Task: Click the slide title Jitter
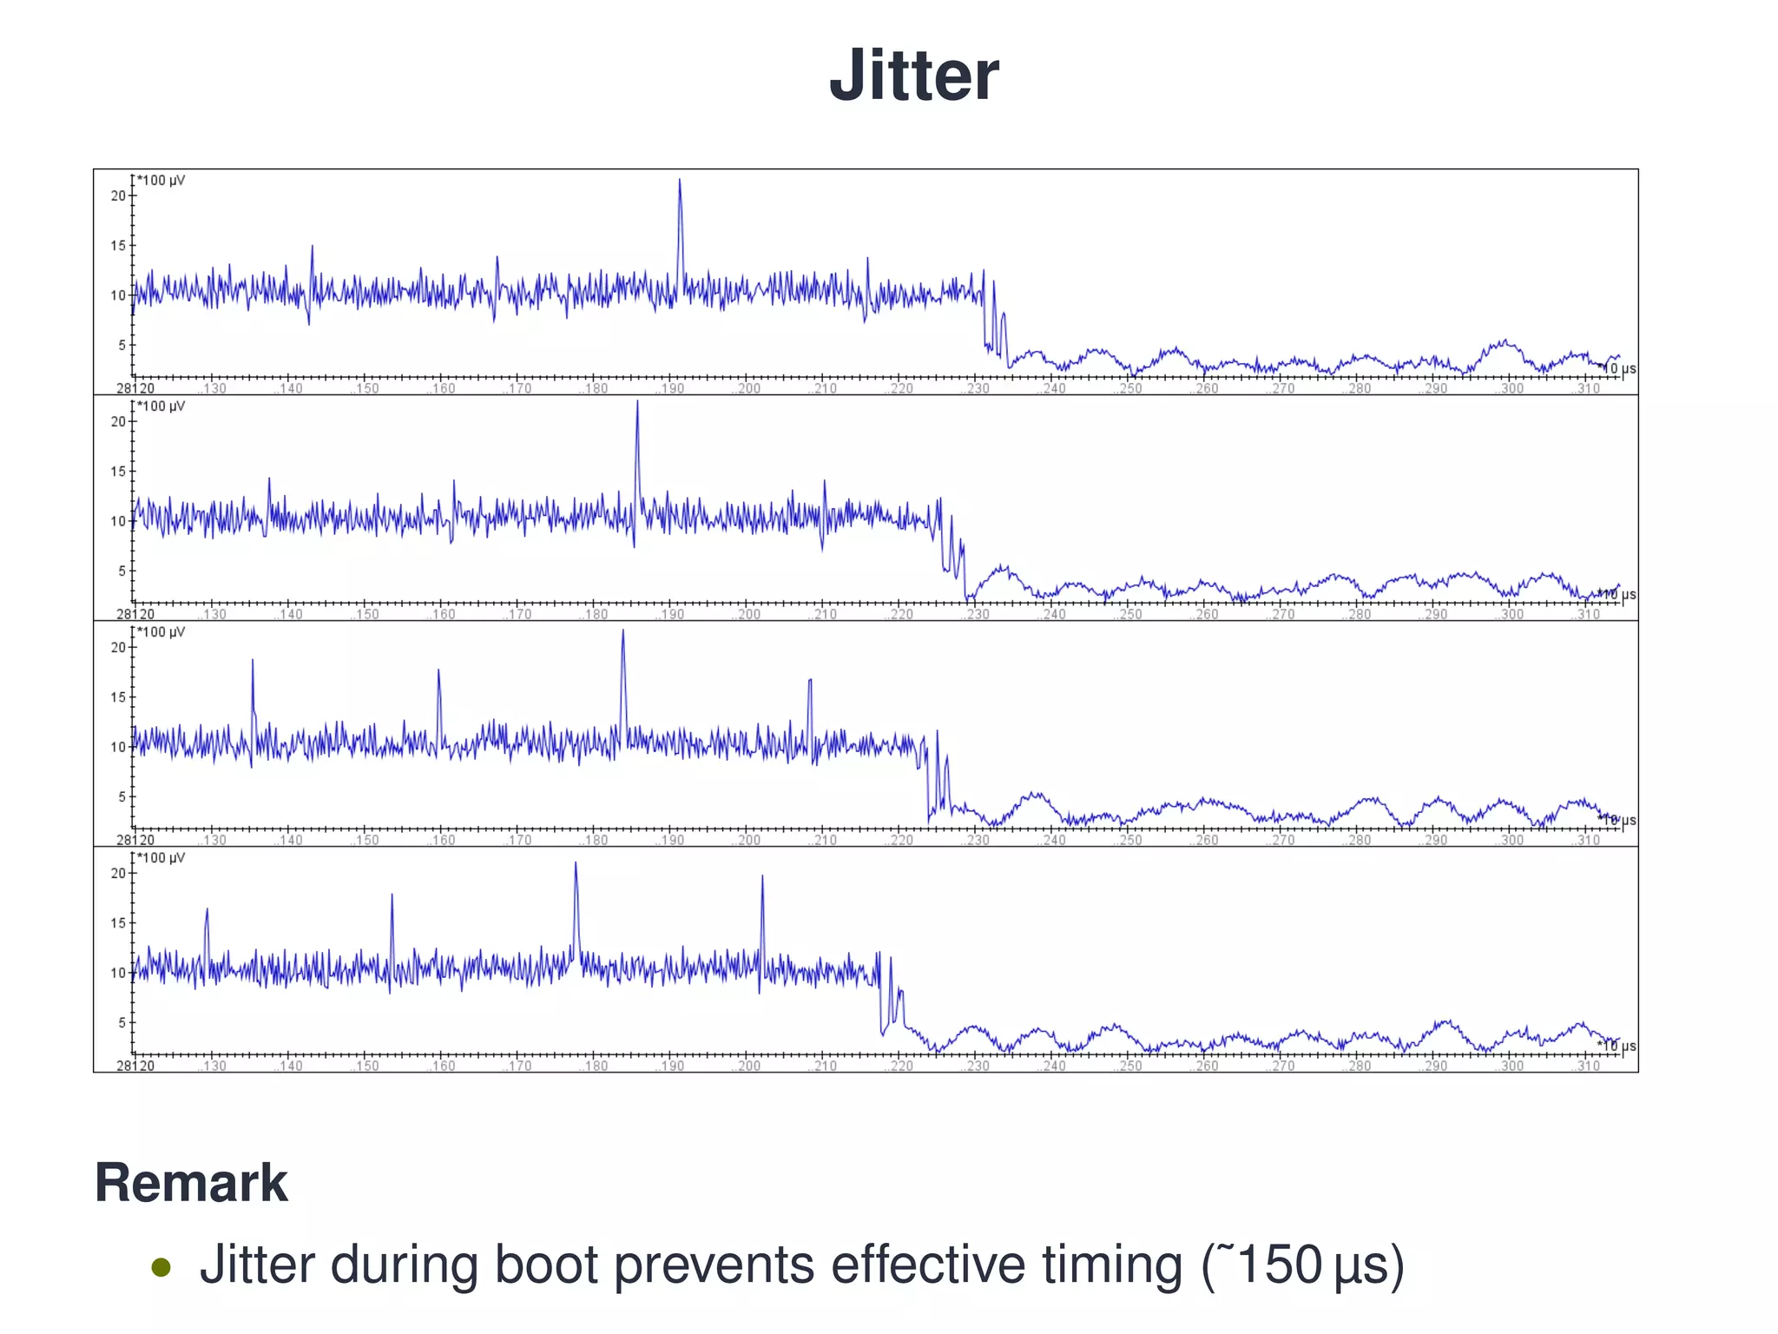pos(913,76)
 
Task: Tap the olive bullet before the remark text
pos(161,1267)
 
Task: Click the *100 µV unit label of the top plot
pos(161,181)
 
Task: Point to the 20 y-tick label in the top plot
pos(118,196)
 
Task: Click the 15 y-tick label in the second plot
pos(118,472)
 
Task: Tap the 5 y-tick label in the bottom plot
pos(122,1022)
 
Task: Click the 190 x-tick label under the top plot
pos(672,389)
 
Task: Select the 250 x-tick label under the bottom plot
pos(1130,1067)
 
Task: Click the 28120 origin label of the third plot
pos(135,841)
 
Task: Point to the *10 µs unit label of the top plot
pos(1617,369)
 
